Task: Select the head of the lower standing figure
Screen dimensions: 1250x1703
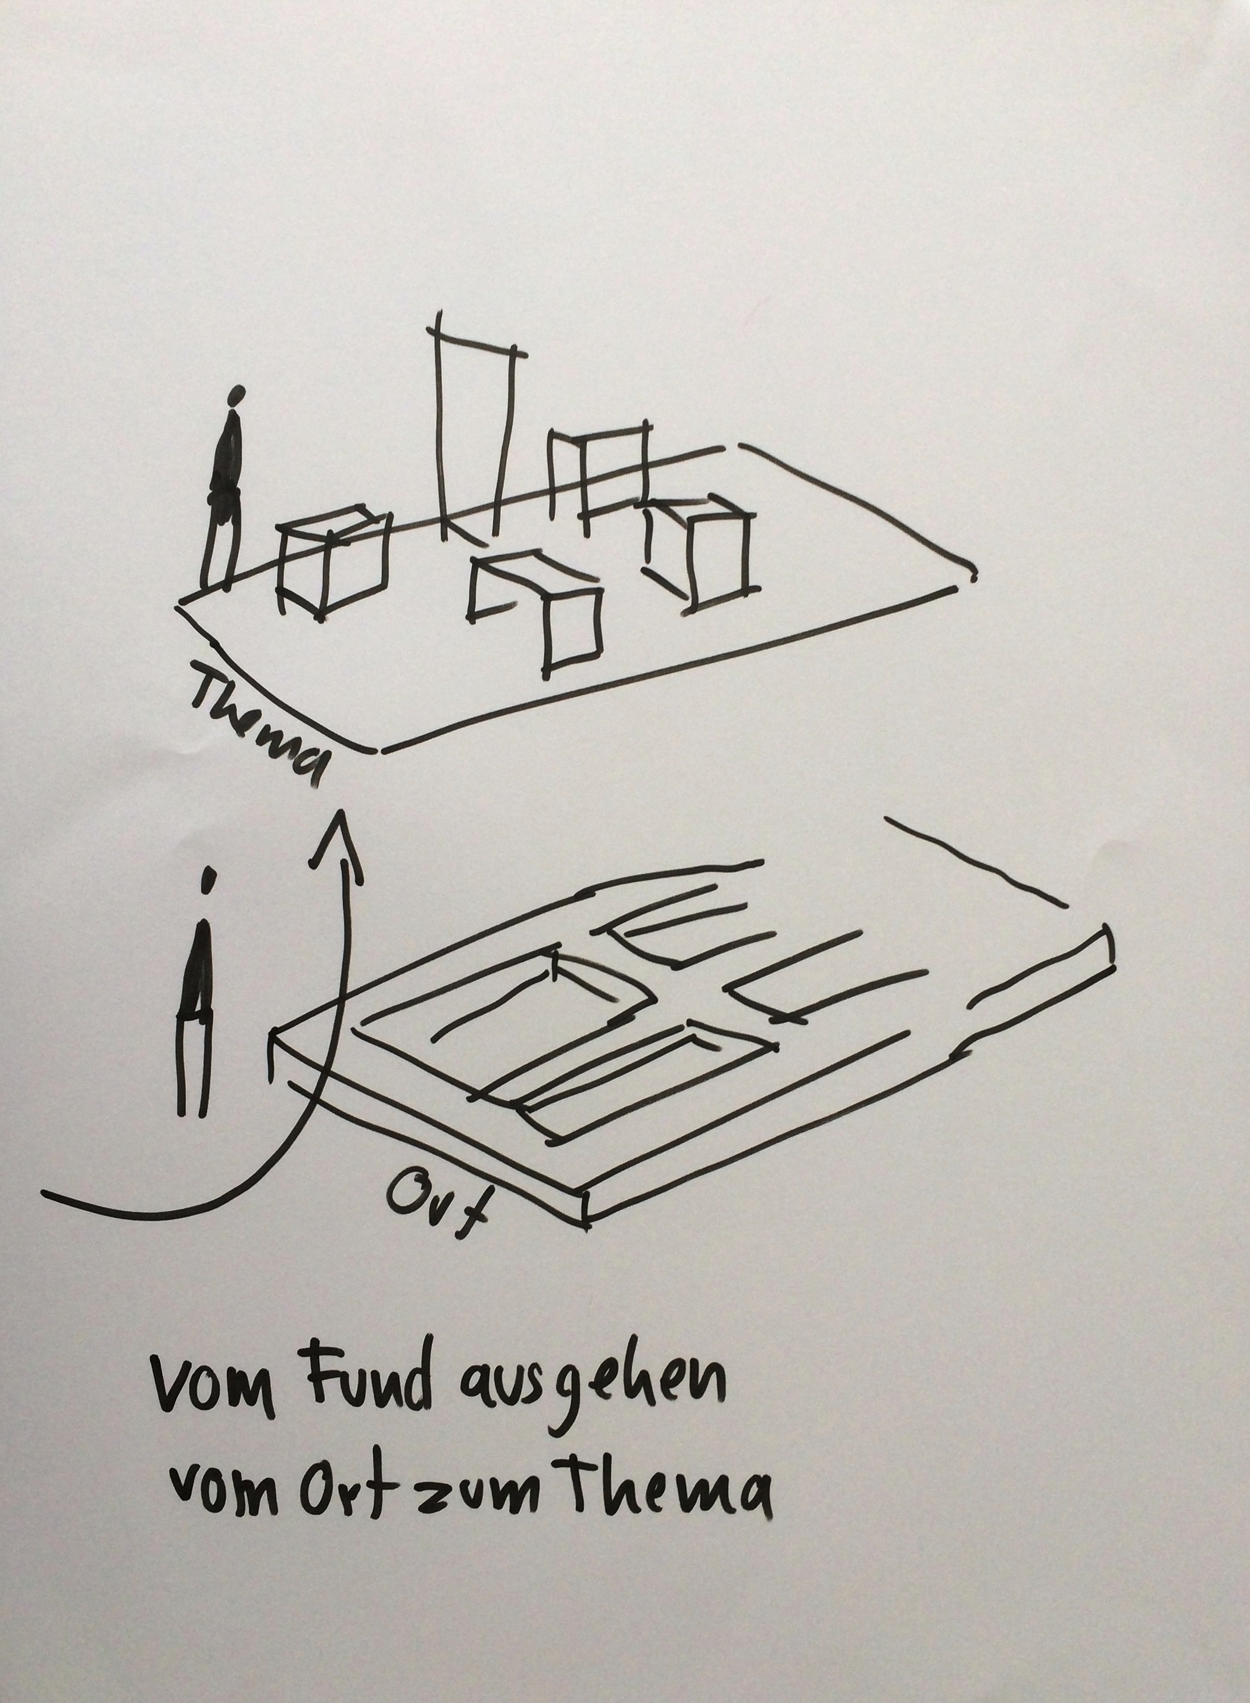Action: [x=206, y=879]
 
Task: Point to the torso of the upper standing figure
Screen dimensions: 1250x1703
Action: [x=227, y=454]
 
